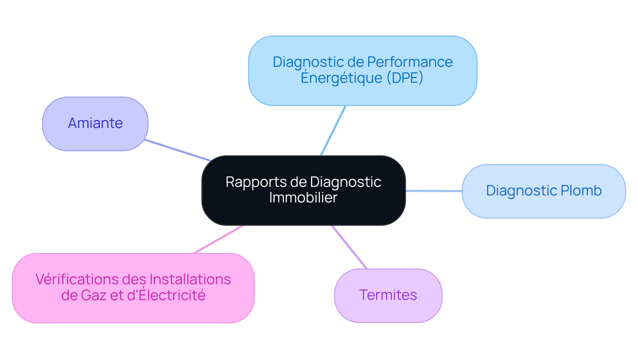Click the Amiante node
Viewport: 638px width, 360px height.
click(95, 124)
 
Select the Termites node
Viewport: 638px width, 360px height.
click(388, 295)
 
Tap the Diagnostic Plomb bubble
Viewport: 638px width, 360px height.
click(544, 191)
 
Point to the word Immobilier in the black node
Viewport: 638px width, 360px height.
click(303, 198)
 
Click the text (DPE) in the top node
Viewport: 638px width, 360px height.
click(405, 78)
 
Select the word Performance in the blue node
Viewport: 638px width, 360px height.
click(410, 62)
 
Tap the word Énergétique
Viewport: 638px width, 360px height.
click(341, 78)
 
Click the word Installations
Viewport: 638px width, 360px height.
click(190, 280)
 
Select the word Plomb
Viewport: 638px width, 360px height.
click(581, 191)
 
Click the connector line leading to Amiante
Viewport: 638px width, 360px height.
click(178, 150)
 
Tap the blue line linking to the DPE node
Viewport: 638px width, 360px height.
click(333, 131)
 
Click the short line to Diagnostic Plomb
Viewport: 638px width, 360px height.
click(434, 191)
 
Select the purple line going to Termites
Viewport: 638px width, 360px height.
click(349, 247)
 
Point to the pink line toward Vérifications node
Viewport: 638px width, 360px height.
click(218, 239)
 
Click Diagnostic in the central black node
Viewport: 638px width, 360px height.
click(345, 182)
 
